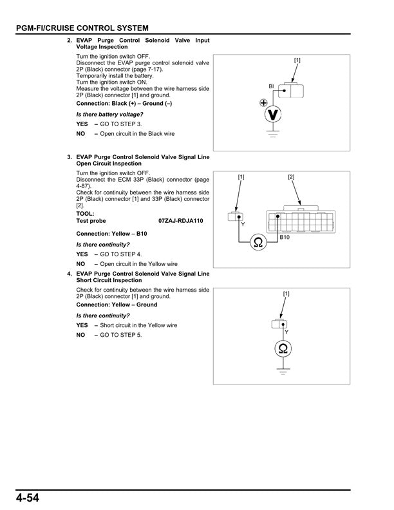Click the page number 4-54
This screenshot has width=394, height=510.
coord(24,498)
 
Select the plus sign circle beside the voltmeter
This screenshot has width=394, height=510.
coord(263,102)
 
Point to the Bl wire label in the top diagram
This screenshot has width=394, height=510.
coord(272,86)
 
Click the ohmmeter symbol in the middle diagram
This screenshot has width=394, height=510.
coord(258,242)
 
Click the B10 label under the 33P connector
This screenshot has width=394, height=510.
coord(285,237)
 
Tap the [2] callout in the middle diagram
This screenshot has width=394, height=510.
coord(291,176)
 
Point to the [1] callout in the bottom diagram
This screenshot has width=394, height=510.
coord(286,294)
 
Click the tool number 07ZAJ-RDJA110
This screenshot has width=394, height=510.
coord(181,220)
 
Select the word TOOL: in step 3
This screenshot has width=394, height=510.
coord(85,213)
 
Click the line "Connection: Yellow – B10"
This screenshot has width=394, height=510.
coord(111,233)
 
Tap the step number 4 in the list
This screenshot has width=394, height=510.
coord(69,274)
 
